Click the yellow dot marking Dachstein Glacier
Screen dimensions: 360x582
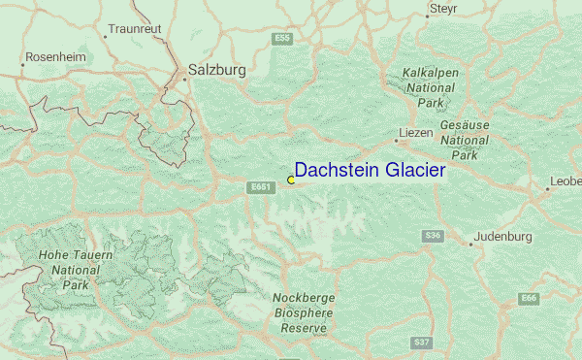tap(291, 180)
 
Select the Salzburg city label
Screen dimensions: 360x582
tap(216, 71)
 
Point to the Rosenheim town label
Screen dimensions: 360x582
tap(54, 58)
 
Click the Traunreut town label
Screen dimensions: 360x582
tap(135, 30)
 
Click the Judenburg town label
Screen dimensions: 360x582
tap(506, 237)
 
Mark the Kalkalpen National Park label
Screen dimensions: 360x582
tap(430, 87)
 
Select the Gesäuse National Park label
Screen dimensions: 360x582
tap(464, 140)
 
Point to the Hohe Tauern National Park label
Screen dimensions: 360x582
tap(76, 271)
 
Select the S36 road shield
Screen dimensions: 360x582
tap(434, 236)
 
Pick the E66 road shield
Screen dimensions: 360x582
tap(529, 298)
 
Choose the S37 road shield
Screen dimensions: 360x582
tap(421, 343)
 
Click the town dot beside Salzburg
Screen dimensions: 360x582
tap(184, 79)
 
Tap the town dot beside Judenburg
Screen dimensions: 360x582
tap(471, 244)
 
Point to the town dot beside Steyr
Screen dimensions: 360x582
tap(428, 16)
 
